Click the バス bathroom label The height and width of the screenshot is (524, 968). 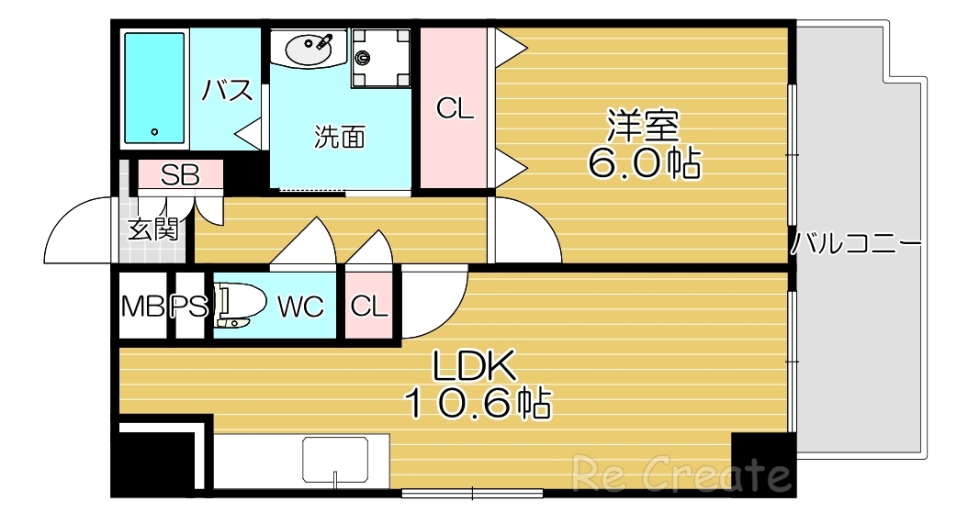pyautogui.click(x=227, y=90)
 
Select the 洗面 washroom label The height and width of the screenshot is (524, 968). pyautogui.click(x=340, y=138)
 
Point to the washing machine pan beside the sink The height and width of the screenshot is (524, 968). pyautogui.click(x=379, y=58)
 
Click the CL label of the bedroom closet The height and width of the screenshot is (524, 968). pyautogui.click(x=456, y=109)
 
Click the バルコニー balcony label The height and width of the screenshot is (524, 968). pyautogui.click(x=856, y=245)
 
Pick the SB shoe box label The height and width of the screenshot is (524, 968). pyautogui.click(x=180, y=175)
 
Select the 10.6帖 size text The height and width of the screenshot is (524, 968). pyautogui.click(x=478, y=404)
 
